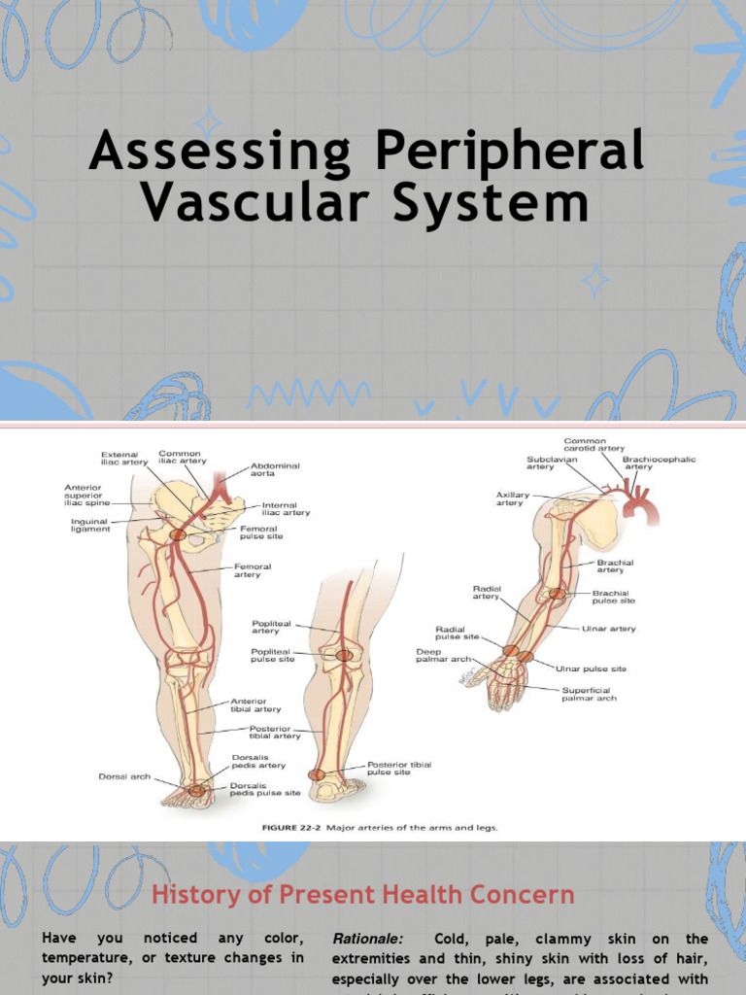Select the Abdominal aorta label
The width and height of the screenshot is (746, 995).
click(275, 471)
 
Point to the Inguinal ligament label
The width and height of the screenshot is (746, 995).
click(89, 526)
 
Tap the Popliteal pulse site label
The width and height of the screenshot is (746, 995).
click(272, 654)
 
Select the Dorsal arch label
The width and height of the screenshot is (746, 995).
click(124, 776)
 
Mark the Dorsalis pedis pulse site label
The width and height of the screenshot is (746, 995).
click(264, 789)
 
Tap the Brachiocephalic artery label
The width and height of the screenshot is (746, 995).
click(659, 463)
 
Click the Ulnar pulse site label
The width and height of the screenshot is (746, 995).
click(591, 669)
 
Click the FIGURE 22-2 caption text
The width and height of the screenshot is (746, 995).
click(379, 828)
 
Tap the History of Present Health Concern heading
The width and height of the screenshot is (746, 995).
click(362, 894)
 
